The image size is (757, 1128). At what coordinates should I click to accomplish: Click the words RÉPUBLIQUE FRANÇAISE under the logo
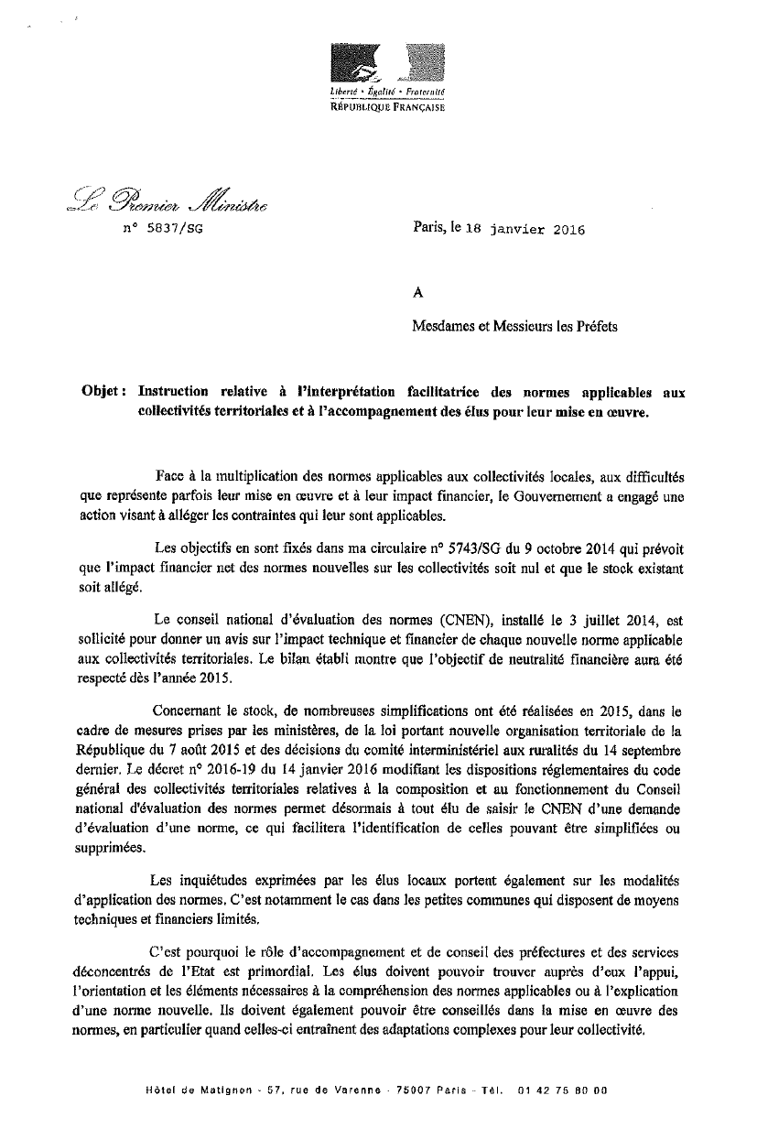click(x=388, y=107)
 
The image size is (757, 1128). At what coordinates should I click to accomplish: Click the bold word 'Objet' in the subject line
click(x=101, y=392)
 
